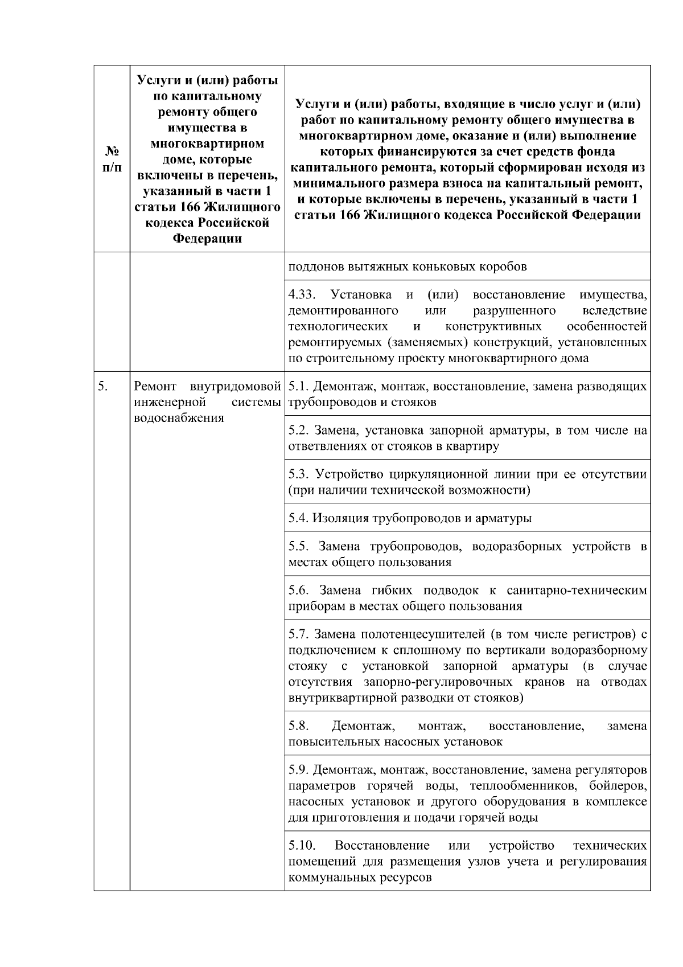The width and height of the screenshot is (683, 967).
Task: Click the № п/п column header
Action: (112, 159)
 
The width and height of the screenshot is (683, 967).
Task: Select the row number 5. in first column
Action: (102, 387)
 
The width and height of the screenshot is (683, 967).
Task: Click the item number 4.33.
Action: (301, 295)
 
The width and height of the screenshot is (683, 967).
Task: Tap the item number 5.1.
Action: (298, 387)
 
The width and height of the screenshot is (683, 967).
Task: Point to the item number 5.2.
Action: (298, 431)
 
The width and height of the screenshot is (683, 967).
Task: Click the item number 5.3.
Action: (298, 474)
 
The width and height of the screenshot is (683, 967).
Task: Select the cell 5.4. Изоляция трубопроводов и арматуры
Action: (410, 518)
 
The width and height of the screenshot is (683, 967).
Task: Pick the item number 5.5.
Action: (299, 547)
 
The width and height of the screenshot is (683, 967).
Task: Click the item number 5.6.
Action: (299, 591)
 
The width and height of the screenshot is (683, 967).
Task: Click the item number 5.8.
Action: (299, 726)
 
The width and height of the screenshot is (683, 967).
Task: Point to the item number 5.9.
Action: (298, 771)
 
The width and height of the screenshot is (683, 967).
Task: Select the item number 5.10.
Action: (302, 845)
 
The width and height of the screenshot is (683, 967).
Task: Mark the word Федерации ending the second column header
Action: (207, 239)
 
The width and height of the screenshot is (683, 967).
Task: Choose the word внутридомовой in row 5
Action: (236, 387)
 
